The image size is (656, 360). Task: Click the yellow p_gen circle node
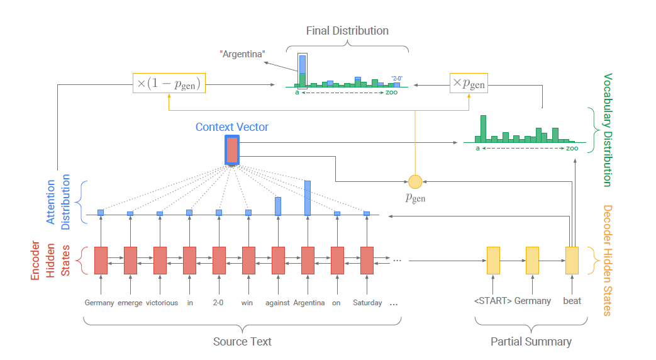(x=415, y=182)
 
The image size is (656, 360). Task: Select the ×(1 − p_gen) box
(x=170, y=83)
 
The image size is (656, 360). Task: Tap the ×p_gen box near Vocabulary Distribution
(x=469, y=83)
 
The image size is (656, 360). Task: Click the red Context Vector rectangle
(x=231, y=150)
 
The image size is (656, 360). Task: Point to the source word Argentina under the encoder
(x=309, y=303)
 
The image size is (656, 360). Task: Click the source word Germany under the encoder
(x=99, y=303)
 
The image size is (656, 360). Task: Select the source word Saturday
(x=367, y=303)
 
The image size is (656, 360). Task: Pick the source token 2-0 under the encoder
(x=218, y=303)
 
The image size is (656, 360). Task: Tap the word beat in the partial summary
(x=572, y=301)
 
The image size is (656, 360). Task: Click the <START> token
(x=492, y=301)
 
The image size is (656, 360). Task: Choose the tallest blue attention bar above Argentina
(x=308, y=198)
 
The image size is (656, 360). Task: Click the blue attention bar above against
(x=277, y=206)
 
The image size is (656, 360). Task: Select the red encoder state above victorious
(x=160, y=261)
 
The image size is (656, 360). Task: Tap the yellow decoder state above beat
(x=571, y=260)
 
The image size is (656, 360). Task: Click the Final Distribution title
(x=347, y=31)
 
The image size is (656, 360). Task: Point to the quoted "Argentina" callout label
(x=242, y=55)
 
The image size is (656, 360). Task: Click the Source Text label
(x=242, y=341)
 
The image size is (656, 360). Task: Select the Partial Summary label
(x=531, y=341)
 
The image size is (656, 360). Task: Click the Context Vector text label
(x=231, y=127)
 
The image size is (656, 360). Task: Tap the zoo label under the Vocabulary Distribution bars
(x=572, y=149)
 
